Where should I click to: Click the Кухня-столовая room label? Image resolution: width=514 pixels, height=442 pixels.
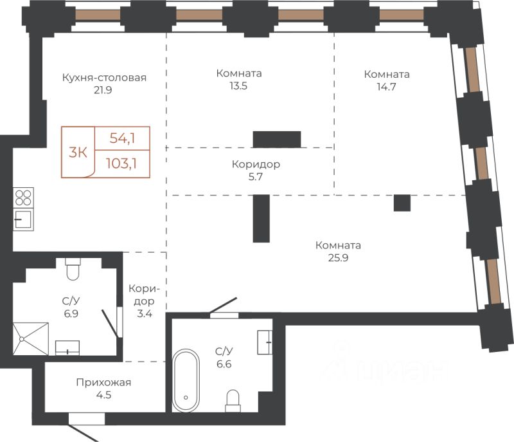[x=104, y=78]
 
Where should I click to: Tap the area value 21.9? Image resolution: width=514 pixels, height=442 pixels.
[x=103, y=90]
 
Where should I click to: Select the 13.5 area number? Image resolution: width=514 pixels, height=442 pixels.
[x=238, y=86]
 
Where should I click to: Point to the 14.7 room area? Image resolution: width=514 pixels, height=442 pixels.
[x=387, y=87]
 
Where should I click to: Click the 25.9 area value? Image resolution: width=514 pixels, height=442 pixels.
[x=339, y=258]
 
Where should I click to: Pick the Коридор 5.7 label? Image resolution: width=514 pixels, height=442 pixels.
[x=256, y=170]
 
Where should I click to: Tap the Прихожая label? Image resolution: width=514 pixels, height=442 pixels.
[x=103, y=383]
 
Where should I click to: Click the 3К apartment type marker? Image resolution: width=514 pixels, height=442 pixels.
[x=78, y=152]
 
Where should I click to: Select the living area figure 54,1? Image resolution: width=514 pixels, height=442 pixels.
[x=122, y=138]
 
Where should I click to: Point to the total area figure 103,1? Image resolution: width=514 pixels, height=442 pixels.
[x=121, y=163]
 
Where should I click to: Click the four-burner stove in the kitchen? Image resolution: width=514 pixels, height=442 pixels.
[x=23, y=198]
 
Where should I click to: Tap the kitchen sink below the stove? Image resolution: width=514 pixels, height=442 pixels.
[x=23, y=219]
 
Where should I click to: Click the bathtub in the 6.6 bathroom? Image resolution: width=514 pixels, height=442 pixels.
[x=186, y=380]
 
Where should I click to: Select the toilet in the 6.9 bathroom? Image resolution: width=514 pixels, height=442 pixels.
[x=73, y=269]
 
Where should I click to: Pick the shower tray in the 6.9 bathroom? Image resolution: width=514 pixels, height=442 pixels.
[x=30, y=338]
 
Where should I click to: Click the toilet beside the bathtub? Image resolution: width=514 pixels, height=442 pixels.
[x=233, y=401]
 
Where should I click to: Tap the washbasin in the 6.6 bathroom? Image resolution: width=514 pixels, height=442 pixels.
[x=265, y=342]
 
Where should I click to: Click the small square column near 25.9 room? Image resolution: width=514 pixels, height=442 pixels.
[x=402, y=203]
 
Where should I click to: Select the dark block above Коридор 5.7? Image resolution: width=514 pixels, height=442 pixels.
[x=277, y=140]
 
